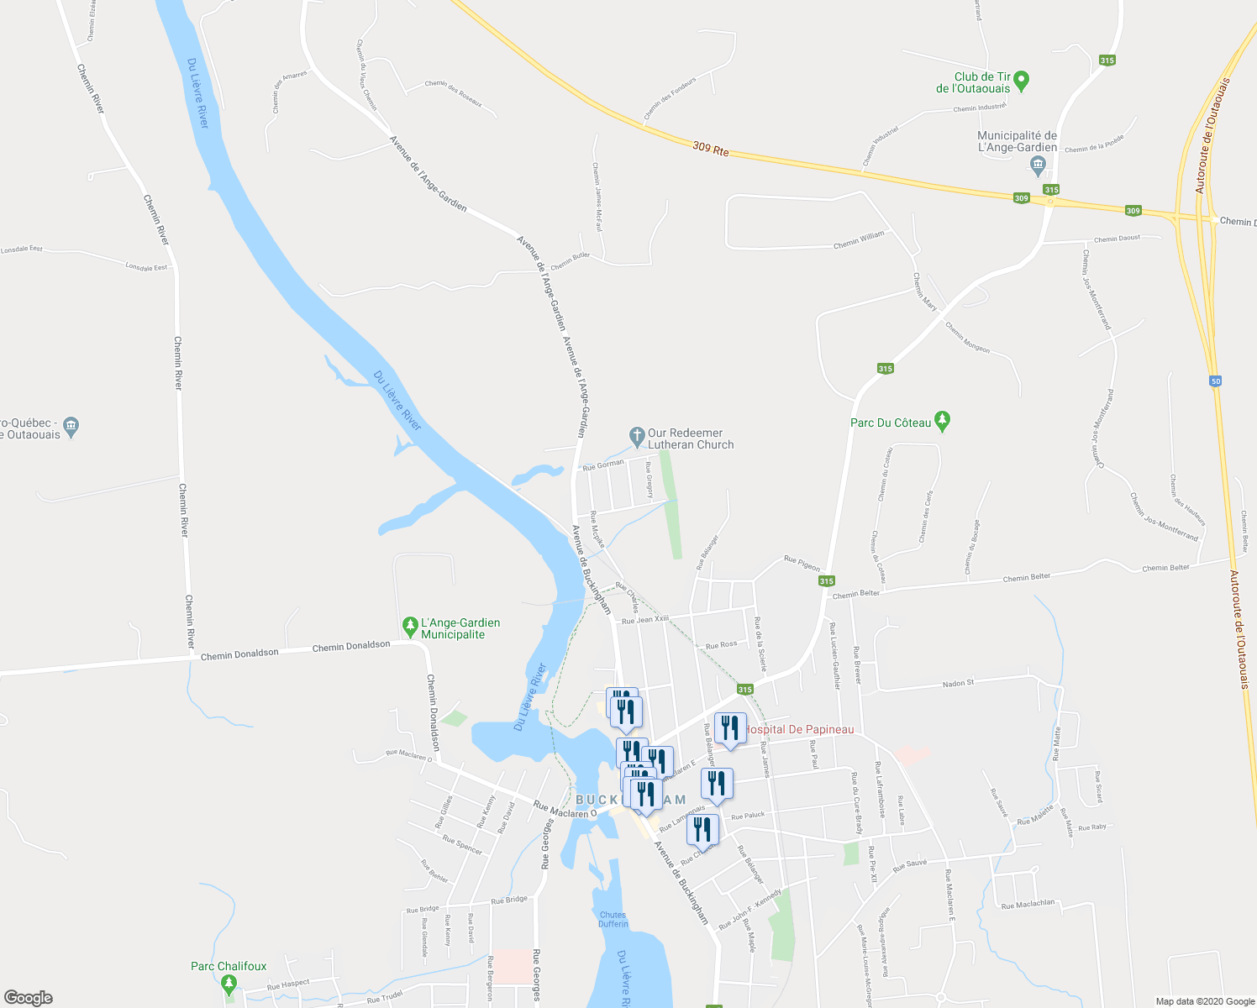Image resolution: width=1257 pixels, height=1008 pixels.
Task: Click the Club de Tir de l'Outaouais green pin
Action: click(1022, 81)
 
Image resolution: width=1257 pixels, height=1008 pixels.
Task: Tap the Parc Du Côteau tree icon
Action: click(942, 421)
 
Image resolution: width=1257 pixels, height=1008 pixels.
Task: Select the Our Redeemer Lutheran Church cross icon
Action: click(637, 436)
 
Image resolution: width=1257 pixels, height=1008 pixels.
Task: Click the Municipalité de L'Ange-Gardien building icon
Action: click(1038, 164)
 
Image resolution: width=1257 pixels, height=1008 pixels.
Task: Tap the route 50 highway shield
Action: click(1216, 381)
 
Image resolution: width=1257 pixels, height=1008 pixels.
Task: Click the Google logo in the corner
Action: click(28, 998)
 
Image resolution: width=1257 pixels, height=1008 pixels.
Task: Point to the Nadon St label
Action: click(958, 683)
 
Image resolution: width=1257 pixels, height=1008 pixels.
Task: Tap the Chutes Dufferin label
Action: click(613, 919)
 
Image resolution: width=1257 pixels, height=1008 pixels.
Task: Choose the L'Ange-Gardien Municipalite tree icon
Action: click(410, 625)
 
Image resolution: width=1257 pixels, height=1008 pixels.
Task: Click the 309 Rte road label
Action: click(711, 149)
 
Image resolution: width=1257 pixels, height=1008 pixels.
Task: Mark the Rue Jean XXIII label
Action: click(645, 620)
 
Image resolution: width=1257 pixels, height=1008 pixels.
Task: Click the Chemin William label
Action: click(859, 241)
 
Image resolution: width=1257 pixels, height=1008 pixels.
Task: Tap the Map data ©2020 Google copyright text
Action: click(1204, 1001)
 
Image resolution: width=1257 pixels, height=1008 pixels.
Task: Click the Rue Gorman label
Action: click(603, 464)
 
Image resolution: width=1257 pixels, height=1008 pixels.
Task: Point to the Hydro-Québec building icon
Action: click(71, 427)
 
